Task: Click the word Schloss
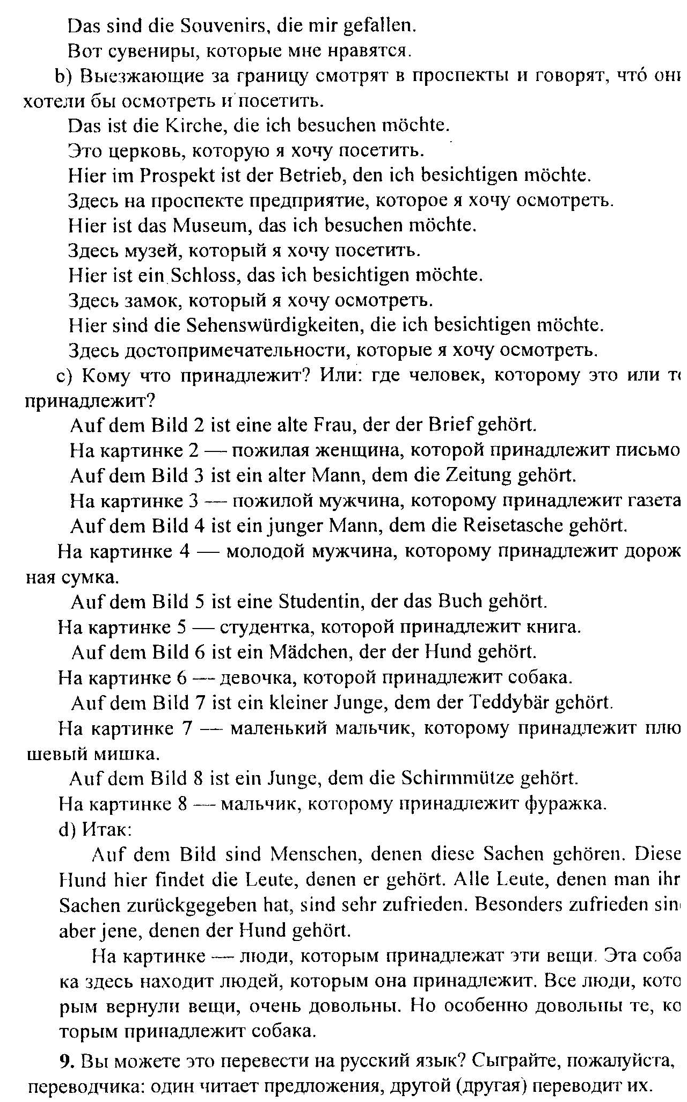click(204, 275)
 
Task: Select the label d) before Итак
click(68, 829)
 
